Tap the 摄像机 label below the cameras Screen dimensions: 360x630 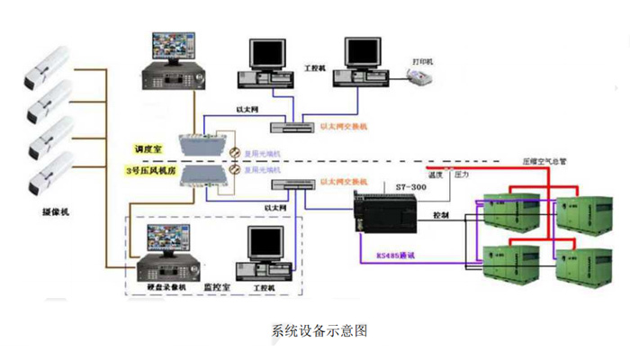click(55, 212)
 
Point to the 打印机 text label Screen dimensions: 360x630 click(422, 60)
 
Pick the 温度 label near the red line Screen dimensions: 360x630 click(435, 175)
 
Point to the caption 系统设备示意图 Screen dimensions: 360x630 click(314, 329)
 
